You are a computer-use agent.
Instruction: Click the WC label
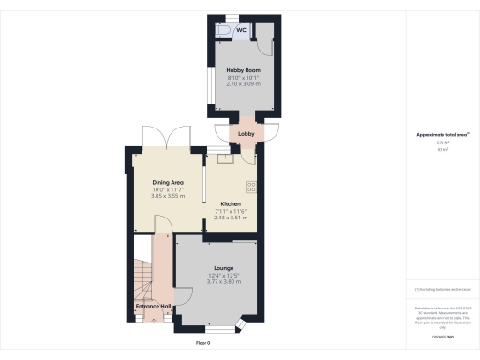[x=241, y=30]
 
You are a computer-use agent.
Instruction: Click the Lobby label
[x=247, y=135]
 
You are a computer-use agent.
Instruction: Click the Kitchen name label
[x=231, y=203]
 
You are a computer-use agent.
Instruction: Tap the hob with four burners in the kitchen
[x=251, y=185]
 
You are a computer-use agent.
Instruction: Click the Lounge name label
[x=223, y=268]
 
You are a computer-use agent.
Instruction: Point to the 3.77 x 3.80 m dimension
[x=223, y=281]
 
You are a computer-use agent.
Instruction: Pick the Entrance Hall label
[x=153, y=307]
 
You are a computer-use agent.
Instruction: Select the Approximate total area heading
[x=442, y=135]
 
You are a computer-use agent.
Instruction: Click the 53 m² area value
[x=442, y=149]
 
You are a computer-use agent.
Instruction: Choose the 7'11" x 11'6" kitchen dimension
[x=231, y=211]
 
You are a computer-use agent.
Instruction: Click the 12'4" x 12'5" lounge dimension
[x=223, y=275]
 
